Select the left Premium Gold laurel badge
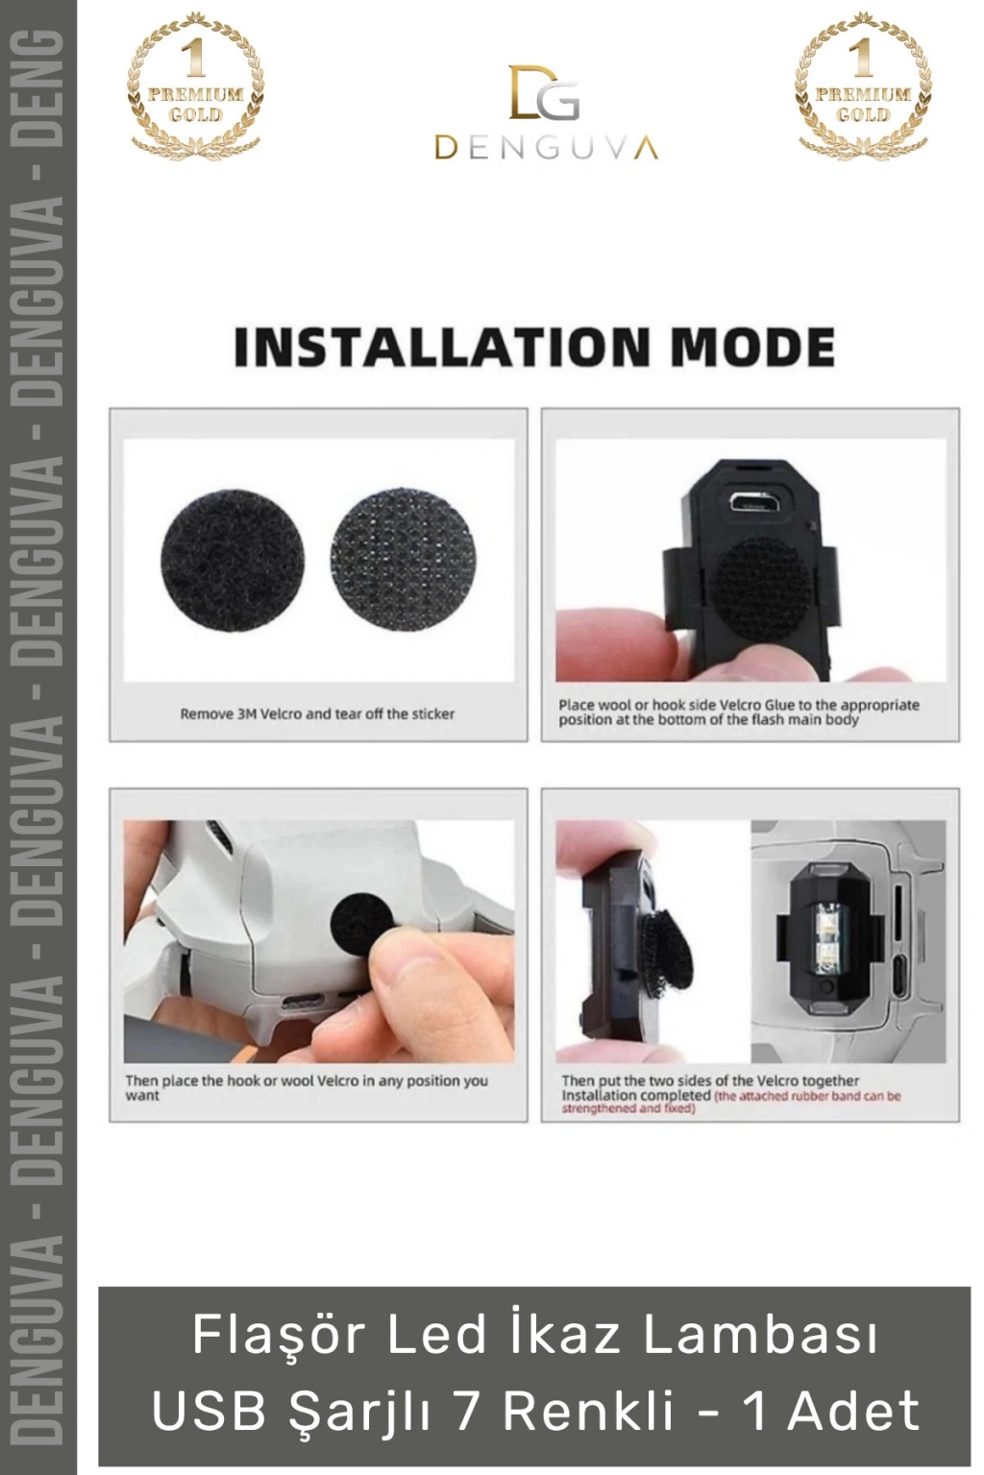pos(195,85)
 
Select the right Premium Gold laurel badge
pos(863,85)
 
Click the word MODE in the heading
pos(752,347)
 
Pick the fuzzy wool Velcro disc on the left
pos(232,561)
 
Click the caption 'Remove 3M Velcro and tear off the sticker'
pos(317,713)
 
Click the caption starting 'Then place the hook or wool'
pos(307,1087)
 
